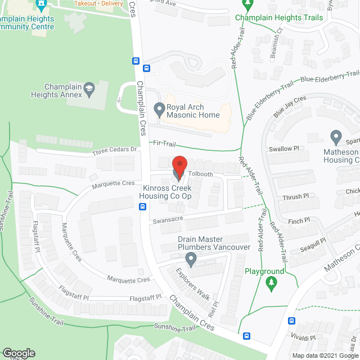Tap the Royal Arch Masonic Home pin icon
[x=159, y=108]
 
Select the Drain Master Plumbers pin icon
[x=191, y=259]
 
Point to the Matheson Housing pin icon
[x=336, y=137]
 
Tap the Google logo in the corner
[x=18, y=353]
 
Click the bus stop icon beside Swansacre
[x=142, y=206]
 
